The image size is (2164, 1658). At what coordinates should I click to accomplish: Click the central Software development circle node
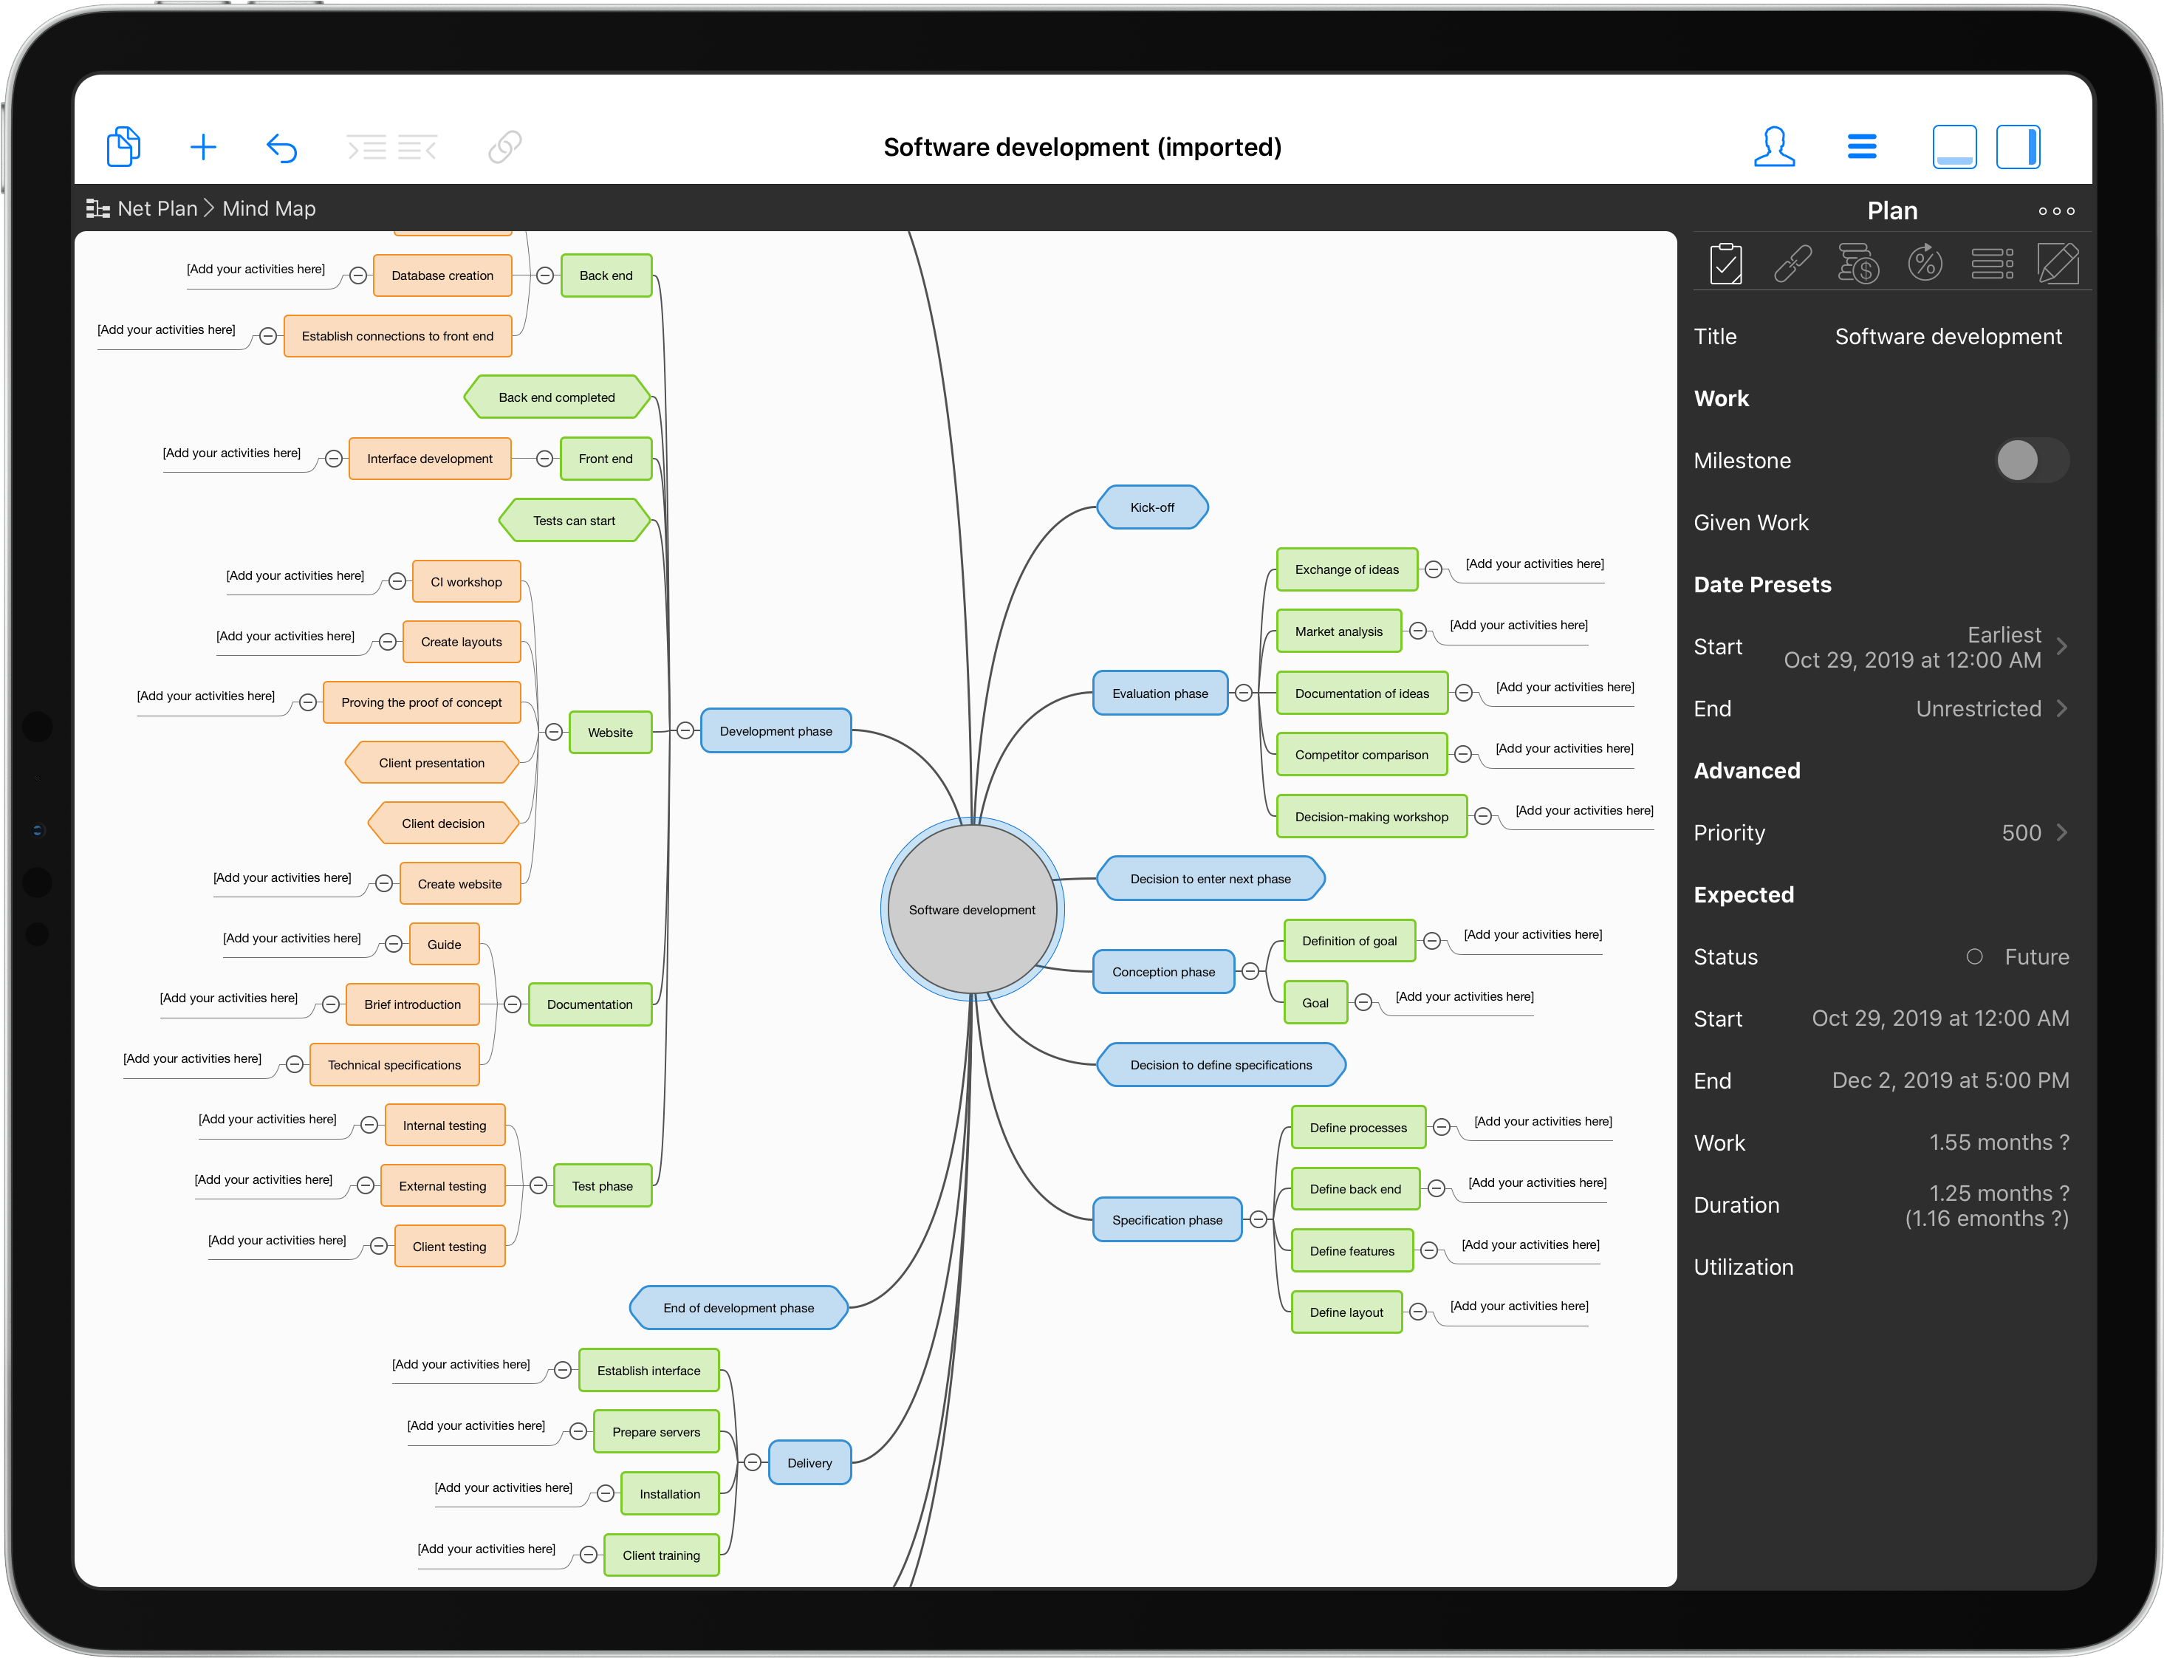point(972,909)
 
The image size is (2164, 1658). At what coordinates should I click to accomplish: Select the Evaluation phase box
point(1160,693)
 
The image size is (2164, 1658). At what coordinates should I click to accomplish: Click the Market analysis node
point(1338,631)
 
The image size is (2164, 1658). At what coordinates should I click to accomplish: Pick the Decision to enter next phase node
point(1210,878)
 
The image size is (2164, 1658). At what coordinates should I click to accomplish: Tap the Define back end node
point(1354,1189)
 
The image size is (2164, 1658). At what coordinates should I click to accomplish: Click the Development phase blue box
point(775,731)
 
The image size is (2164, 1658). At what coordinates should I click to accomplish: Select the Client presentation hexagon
point(431,763)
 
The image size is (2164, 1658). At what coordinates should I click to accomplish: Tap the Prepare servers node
point(655,1432)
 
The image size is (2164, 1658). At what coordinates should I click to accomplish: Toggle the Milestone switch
point(2031,461)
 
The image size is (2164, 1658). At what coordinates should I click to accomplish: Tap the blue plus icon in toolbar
point(203,148)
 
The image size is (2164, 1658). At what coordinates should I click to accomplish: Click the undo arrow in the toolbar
point(282,148)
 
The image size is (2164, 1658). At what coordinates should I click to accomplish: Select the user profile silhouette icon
point(1773,147)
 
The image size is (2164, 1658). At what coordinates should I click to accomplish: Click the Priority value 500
point(2020,833)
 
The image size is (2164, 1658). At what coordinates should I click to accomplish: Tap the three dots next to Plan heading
point(2055,211)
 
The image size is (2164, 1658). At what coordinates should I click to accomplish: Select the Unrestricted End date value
point(1977,708)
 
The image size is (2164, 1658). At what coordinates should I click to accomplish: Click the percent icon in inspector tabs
point(1924,264)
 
